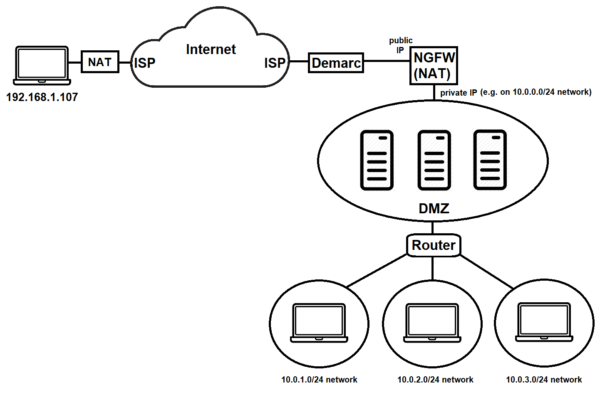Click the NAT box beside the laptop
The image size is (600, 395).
click(100, 62)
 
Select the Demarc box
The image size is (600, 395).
click(336, 63)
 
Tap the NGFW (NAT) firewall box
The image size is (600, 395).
click(434, 66)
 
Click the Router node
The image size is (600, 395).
click(433, 245)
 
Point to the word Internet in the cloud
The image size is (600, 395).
click(211, 49)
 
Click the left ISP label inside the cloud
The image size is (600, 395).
click(144, 63)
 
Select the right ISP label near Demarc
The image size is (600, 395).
click(275, 63)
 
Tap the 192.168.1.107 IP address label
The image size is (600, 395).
click(42, 97)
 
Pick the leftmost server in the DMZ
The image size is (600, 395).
click(377, 160)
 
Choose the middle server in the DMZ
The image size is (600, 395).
click(434, 160)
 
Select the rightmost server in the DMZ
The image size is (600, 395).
click(490, 160)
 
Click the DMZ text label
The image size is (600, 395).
click(434, 208)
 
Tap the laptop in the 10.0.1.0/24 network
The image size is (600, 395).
click(319, 323)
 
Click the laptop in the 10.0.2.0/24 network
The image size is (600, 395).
click(432, 323)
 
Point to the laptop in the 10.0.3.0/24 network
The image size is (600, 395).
click(544, 322)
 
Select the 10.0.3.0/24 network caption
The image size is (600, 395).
click(543, 380)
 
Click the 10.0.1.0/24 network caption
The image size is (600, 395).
click(319, 380)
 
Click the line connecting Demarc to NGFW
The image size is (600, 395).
click(387, 61)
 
